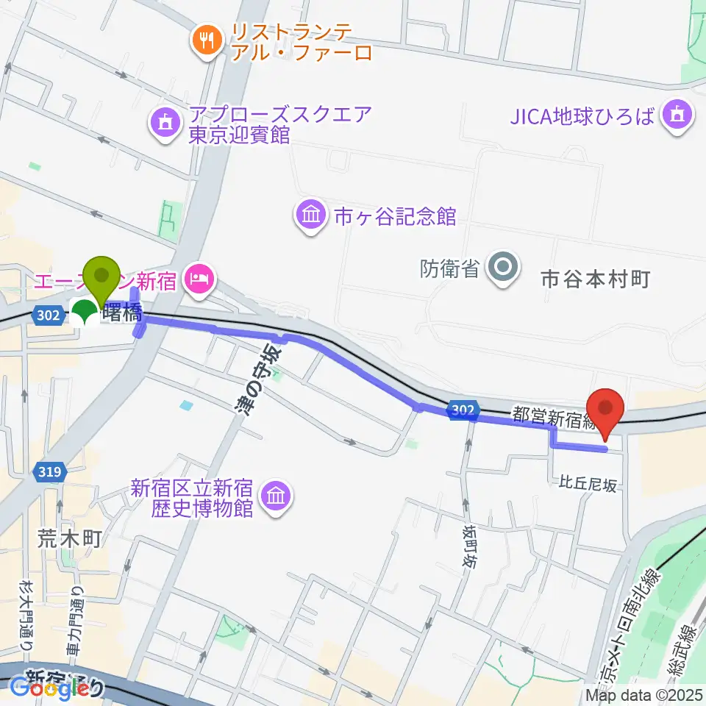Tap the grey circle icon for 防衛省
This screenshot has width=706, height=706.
(x=504, y=266)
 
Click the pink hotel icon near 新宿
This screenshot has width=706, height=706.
(x=199, y=277)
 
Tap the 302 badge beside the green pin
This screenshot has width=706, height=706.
(x=46, y=315)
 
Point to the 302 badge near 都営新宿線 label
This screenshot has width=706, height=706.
(x=463, y=408)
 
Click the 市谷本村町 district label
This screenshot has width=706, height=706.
(x=596, y=279)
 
